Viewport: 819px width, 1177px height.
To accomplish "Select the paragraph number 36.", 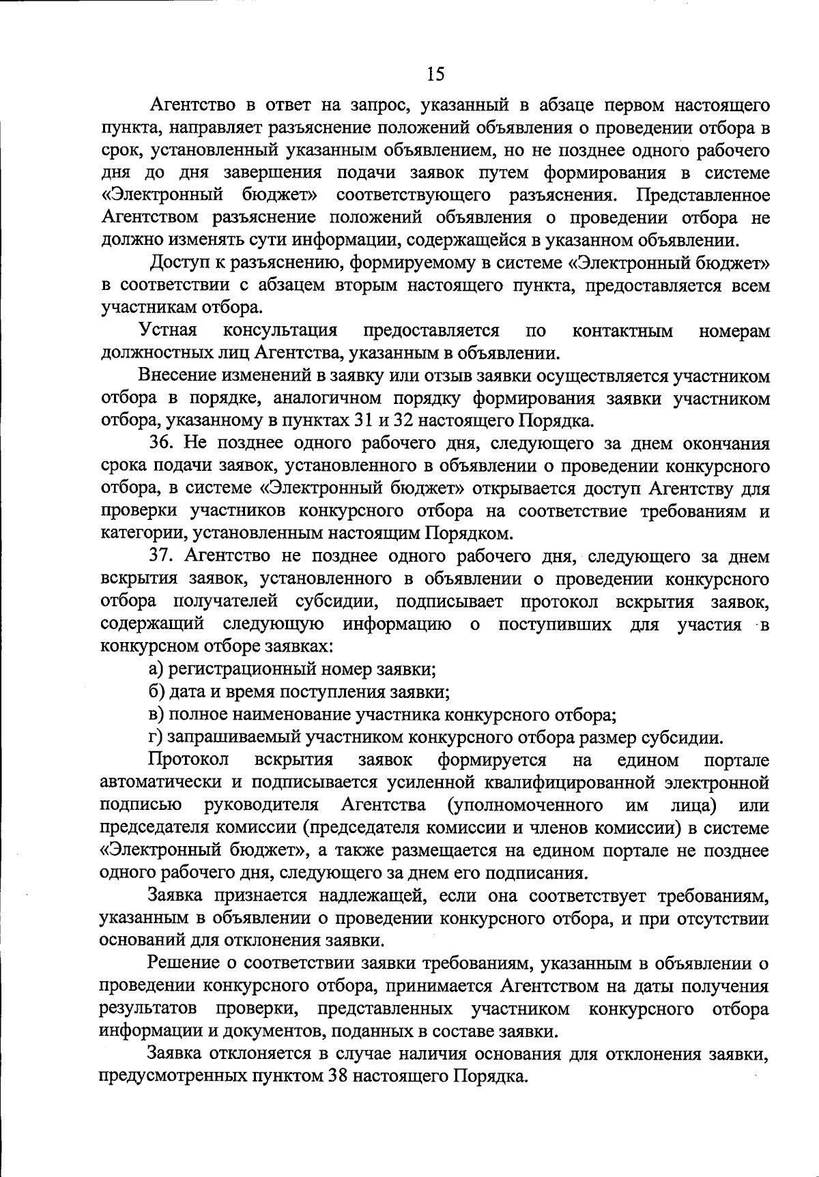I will point(163,444).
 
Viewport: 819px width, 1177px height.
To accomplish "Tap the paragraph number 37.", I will point(163,557).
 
